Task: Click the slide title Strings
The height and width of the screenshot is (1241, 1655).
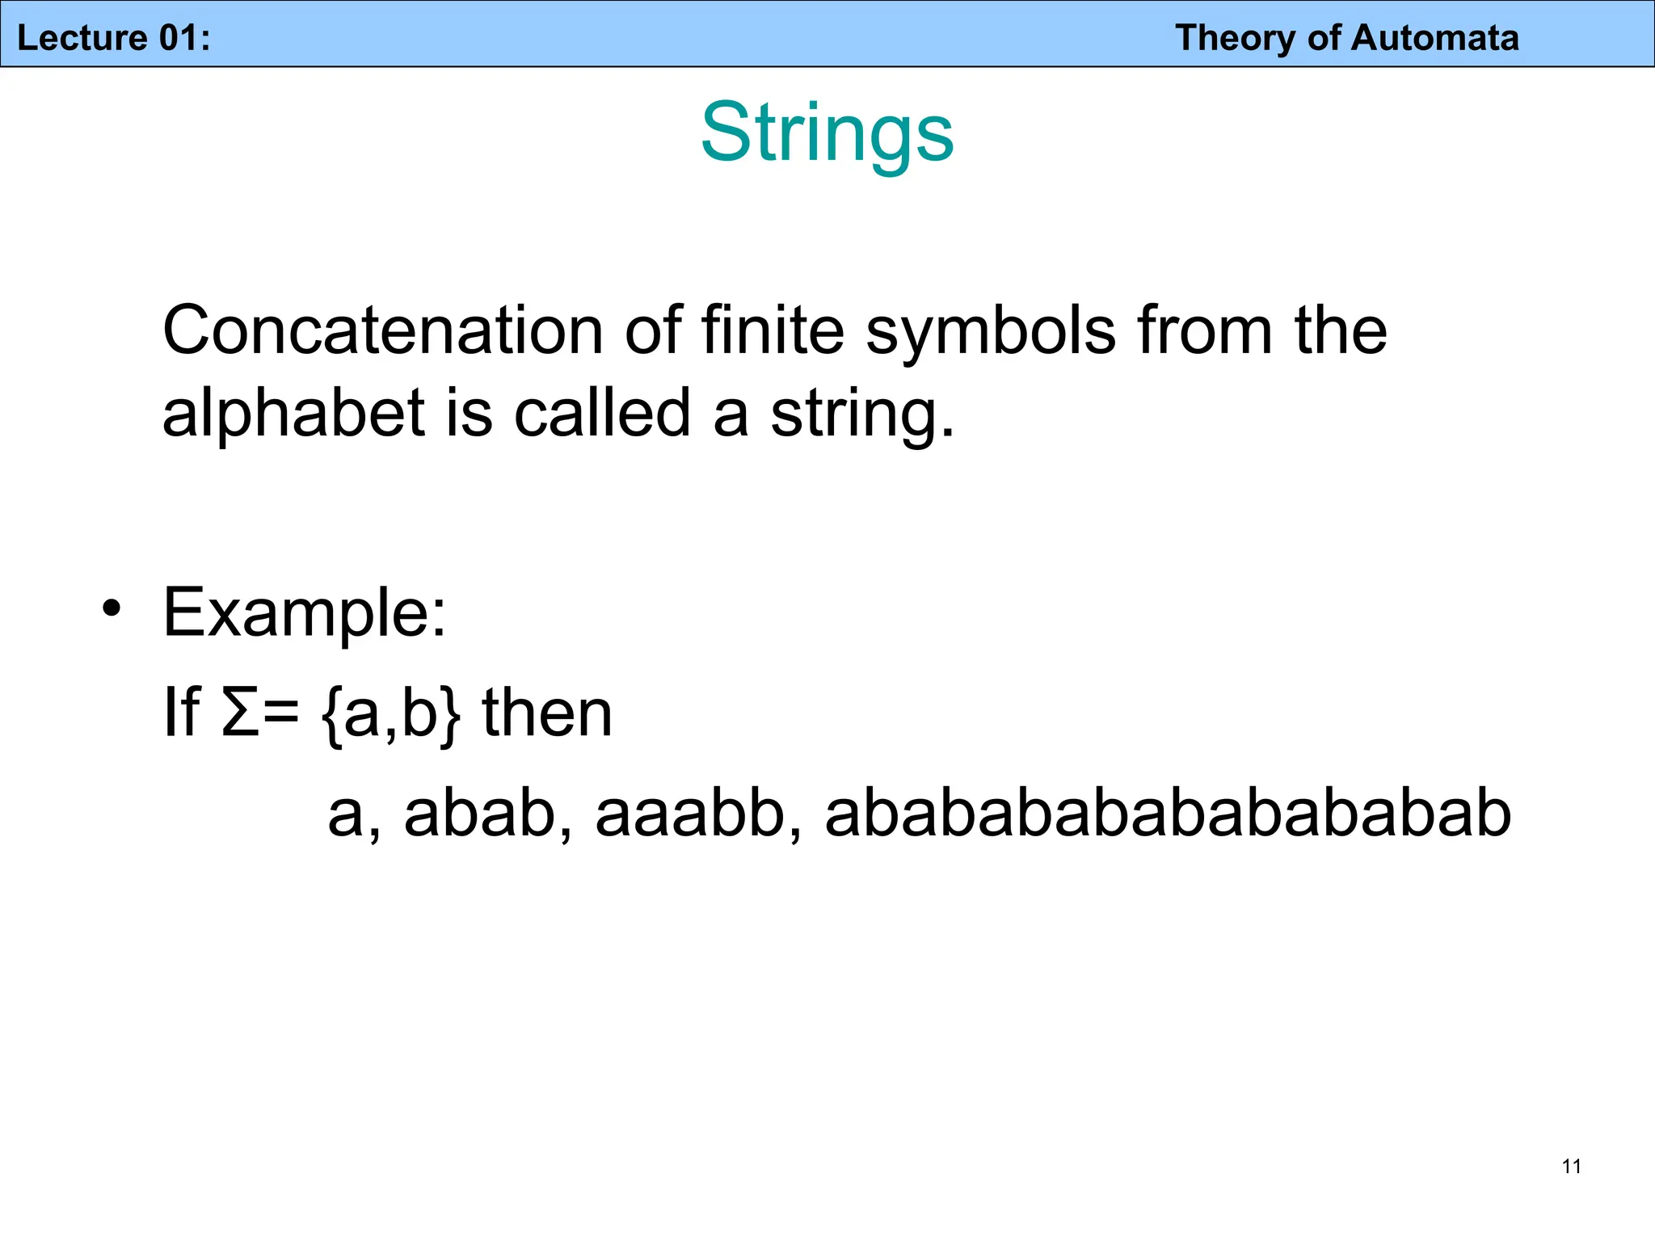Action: tap(827, 133)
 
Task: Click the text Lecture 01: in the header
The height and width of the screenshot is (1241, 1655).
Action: tap(114, 38)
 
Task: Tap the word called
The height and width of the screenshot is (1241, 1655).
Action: tap(602, 412)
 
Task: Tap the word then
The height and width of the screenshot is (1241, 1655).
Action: tap(547, 712)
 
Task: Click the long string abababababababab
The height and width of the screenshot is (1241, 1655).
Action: tap(1167, 813)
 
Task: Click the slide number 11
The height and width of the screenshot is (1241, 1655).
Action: tap(1571, 1166)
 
